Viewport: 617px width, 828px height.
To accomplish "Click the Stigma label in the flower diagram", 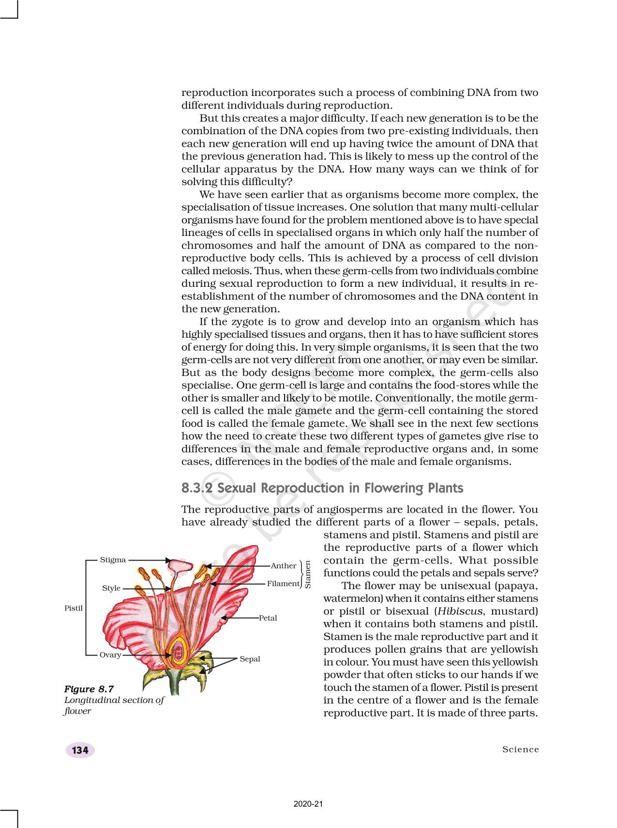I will [x=113, y=560].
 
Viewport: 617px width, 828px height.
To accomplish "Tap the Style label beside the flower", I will [x=111, y=588].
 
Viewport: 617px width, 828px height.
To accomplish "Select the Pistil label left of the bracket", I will [x=74, y=608].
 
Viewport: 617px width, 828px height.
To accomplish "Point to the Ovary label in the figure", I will [x=110, y=655].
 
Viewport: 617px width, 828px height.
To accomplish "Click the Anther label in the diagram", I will [x=284, y=565].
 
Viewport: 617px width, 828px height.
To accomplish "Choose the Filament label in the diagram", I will [x=283, y=583].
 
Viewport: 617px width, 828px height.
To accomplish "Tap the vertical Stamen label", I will [x=307, y=575].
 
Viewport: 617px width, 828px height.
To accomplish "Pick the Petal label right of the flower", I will [x=268, y=618].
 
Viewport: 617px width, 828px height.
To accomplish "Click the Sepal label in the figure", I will [x=250, y=659].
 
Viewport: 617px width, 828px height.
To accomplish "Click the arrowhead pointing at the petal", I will [x=223, y=618].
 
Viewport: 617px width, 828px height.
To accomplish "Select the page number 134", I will [x=80, y=750].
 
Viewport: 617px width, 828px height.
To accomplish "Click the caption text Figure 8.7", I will [x=89, y=689].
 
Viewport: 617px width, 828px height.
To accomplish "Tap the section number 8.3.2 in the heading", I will [x=197, y=488].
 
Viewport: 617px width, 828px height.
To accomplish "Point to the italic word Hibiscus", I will [x=460, y=611].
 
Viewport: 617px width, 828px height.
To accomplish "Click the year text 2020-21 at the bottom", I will [x=308, y=804].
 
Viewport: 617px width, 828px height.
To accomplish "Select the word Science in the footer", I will [x=520, y=750].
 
